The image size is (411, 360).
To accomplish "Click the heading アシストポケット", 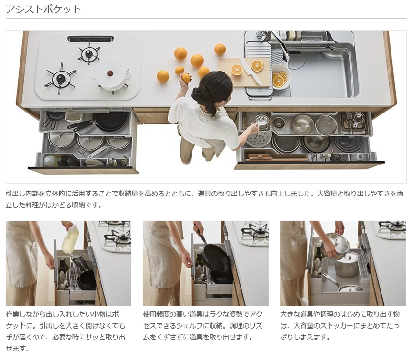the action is (43, 10).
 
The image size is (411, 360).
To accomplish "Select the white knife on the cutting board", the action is (251, 72).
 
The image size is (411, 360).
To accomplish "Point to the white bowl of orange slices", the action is (281, 76).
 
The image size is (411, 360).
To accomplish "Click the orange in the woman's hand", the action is (187, 78).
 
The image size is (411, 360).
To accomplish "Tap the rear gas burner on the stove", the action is (89, 53).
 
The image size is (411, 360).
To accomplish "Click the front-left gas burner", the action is (60, 78).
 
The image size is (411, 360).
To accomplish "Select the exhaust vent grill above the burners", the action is (90, 39).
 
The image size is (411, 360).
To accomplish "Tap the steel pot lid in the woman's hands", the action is (338, 243).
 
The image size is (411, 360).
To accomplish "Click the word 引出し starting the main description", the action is (15, 194).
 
